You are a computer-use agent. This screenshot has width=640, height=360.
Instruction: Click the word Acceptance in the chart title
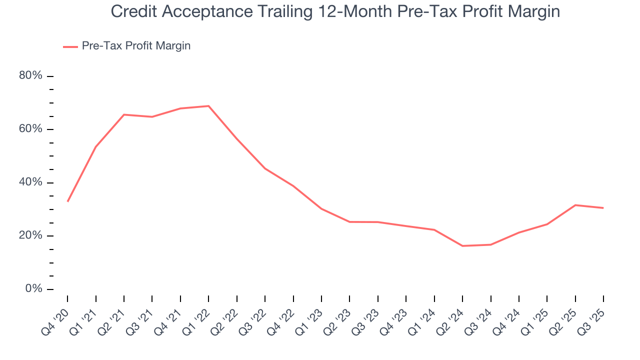point(198,11)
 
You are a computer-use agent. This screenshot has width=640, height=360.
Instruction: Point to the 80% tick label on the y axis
point(30,76)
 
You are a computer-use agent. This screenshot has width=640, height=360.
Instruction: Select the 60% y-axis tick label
point(30,129)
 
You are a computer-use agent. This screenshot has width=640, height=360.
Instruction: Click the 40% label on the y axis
point(30,182)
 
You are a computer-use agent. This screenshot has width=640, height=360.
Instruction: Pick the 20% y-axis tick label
point(30,235)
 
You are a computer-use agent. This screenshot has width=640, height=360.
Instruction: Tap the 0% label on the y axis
point(33,289)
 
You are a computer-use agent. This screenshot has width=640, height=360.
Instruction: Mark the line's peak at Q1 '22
point(208,106)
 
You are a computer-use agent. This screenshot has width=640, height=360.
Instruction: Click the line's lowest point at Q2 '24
point(462,246)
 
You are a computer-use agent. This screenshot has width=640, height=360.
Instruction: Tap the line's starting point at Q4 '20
point(67,201)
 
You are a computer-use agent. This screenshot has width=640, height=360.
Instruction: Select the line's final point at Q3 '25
point(603,208)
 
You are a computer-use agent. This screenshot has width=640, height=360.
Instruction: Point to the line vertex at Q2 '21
point(124,114)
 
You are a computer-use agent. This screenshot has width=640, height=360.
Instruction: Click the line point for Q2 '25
point(575,205)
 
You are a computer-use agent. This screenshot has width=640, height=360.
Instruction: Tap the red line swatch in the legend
point(70,46)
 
